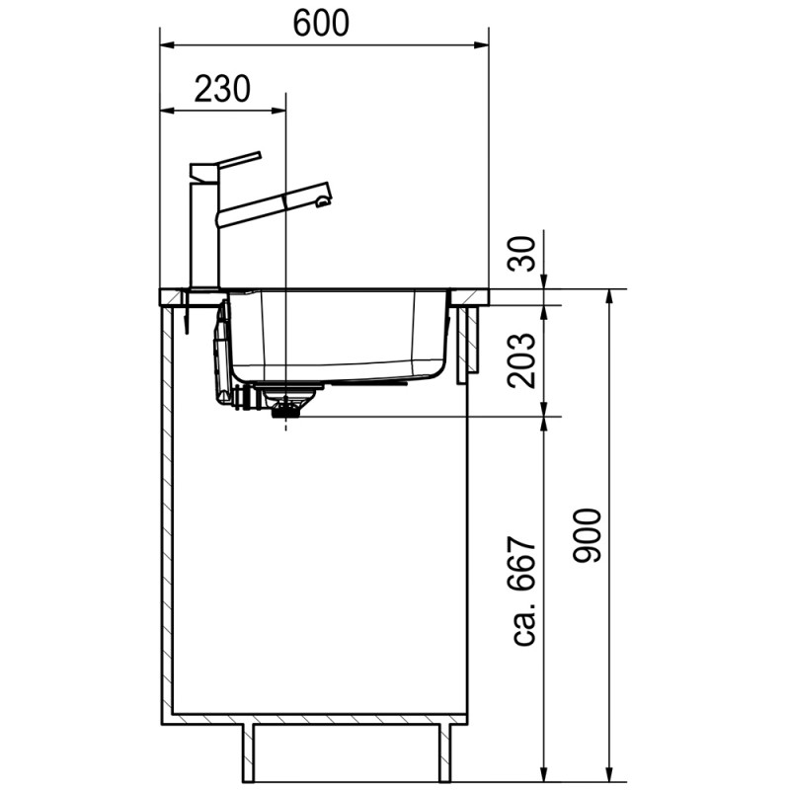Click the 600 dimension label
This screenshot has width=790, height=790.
click(x=321, y=23)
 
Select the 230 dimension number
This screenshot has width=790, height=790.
click(x=222, y=89)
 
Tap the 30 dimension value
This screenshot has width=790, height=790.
click(x=522, y=255)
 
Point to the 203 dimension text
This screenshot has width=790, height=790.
click(x=522, y=360)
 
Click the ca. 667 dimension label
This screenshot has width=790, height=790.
click(x=522, y=592)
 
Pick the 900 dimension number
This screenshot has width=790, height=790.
click(x=588, y=536)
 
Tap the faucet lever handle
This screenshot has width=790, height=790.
click(x=239, y=159)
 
